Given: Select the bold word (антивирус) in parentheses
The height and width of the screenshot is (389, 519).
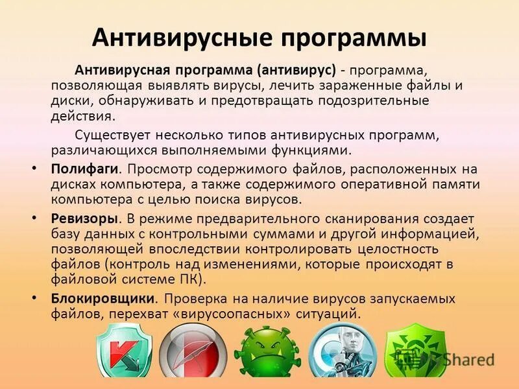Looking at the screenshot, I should tap(296, 69).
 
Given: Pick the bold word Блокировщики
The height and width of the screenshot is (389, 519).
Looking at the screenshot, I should tap(104, 299).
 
